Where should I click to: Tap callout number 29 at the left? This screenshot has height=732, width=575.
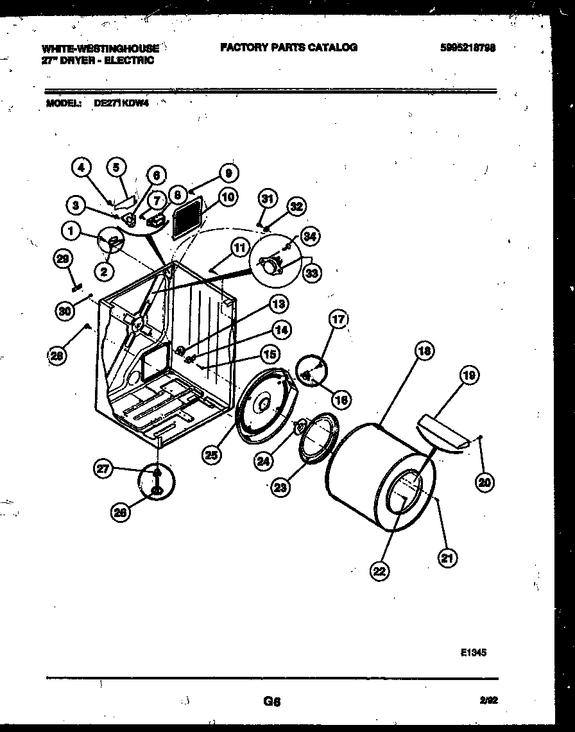62,259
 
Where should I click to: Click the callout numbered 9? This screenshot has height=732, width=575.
229,173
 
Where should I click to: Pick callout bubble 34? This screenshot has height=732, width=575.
310,237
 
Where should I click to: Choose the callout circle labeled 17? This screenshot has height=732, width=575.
339,319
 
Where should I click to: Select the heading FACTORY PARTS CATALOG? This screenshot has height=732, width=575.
288,47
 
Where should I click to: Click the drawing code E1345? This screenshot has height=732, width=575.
473,652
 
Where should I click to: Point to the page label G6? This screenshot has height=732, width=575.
272,702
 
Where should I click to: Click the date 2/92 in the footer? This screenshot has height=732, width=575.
488,702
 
